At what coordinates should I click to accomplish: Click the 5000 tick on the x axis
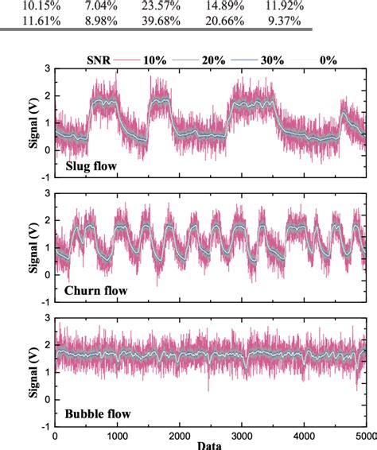coord(364,436)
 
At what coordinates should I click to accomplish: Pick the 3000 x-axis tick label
coord(242,436)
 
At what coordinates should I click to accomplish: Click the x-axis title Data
coord(211,445)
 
